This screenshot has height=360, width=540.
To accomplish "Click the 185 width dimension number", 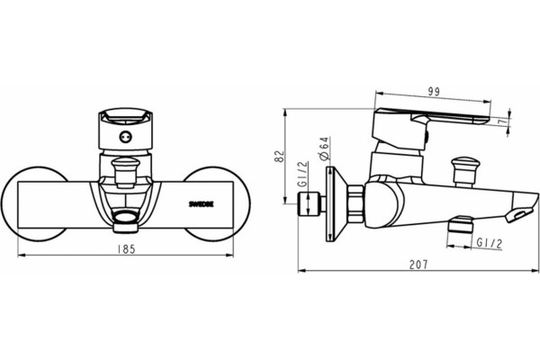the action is click(x=126, y=249).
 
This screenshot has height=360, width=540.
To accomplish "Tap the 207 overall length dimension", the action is click(x=418, y=265).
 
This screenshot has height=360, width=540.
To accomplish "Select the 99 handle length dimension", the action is click(x=434, y=92).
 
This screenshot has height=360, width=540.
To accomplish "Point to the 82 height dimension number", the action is click(x=281, y=156).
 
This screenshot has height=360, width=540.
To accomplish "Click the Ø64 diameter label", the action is click(x=324, y=148).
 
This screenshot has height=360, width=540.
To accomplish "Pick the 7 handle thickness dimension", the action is click(x=504, y=121).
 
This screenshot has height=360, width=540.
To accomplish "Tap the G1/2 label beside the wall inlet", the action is click(x=303, y=174).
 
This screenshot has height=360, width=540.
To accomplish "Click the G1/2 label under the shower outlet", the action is click(x=490, y=243).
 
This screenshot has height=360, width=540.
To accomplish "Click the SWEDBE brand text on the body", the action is click(x=201, y=204).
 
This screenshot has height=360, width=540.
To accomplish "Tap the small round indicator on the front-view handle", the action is click(x=125, y=137).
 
